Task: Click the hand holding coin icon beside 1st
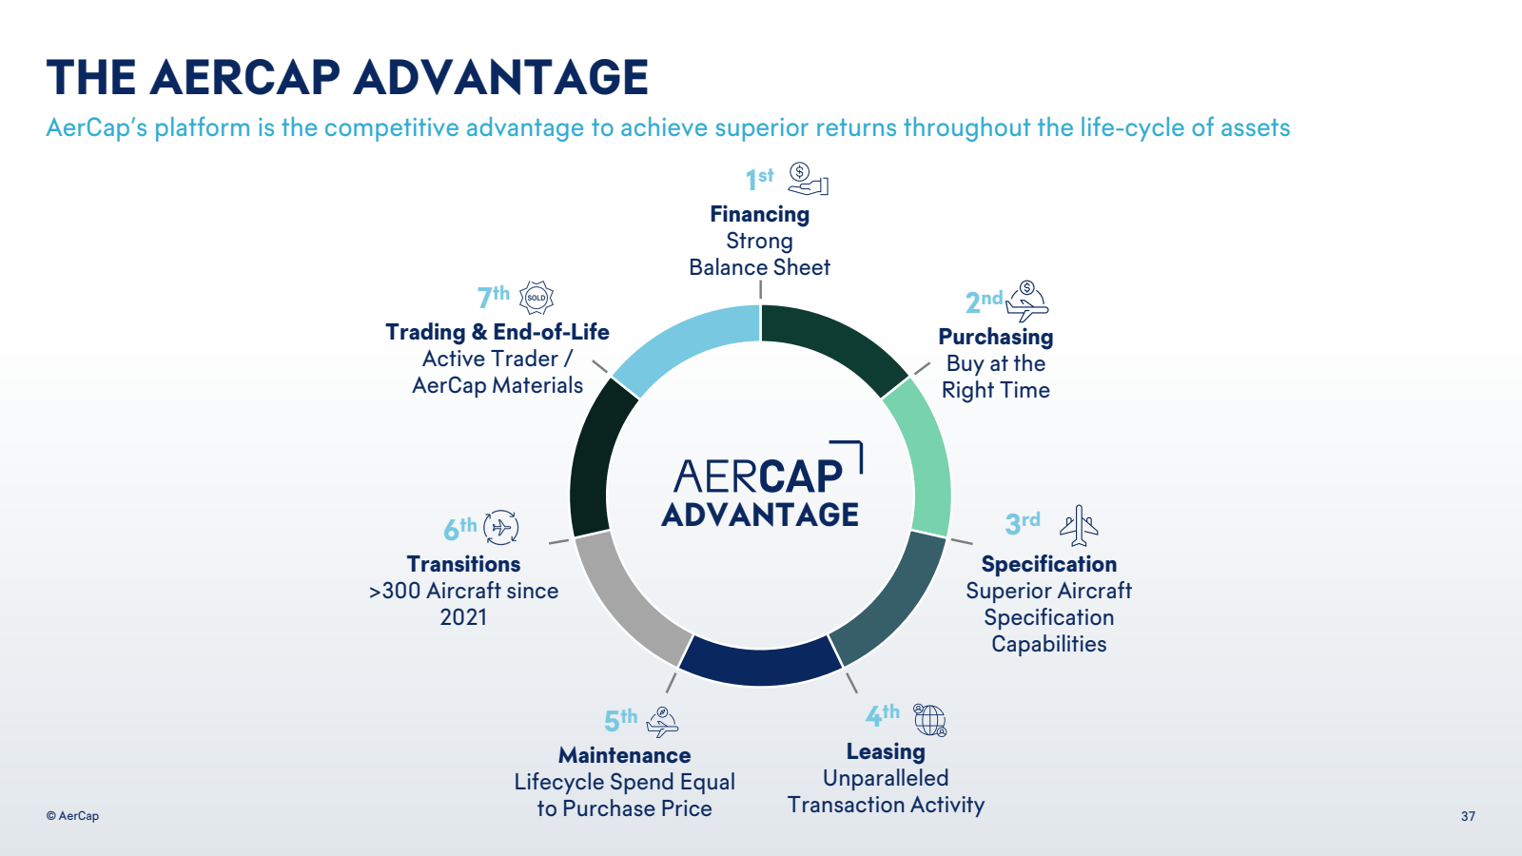click(808, 180)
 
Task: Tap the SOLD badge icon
click(537, 298)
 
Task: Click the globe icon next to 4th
click(929, 720)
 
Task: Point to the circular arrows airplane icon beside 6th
click(500, 527)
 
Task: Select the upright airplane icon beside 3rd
click(1079, 525)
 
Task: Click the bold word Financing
click(760, 214)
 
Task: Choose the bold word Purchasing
click(995, 337)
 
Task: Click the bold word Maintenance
click(624, 755)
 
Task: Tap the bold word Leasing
click(886, 751)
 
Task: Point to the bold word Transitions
click(463, 564)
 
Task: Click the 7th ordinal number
click(494, 297)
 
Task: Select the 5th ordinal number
click(620, 720)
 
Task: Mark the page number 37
click(1468, 816)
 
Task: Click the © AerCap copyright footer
click(72, 816)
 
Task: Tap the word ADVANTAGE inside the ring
click(760, 515)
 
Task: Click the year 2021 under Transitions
click(463, 617)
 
